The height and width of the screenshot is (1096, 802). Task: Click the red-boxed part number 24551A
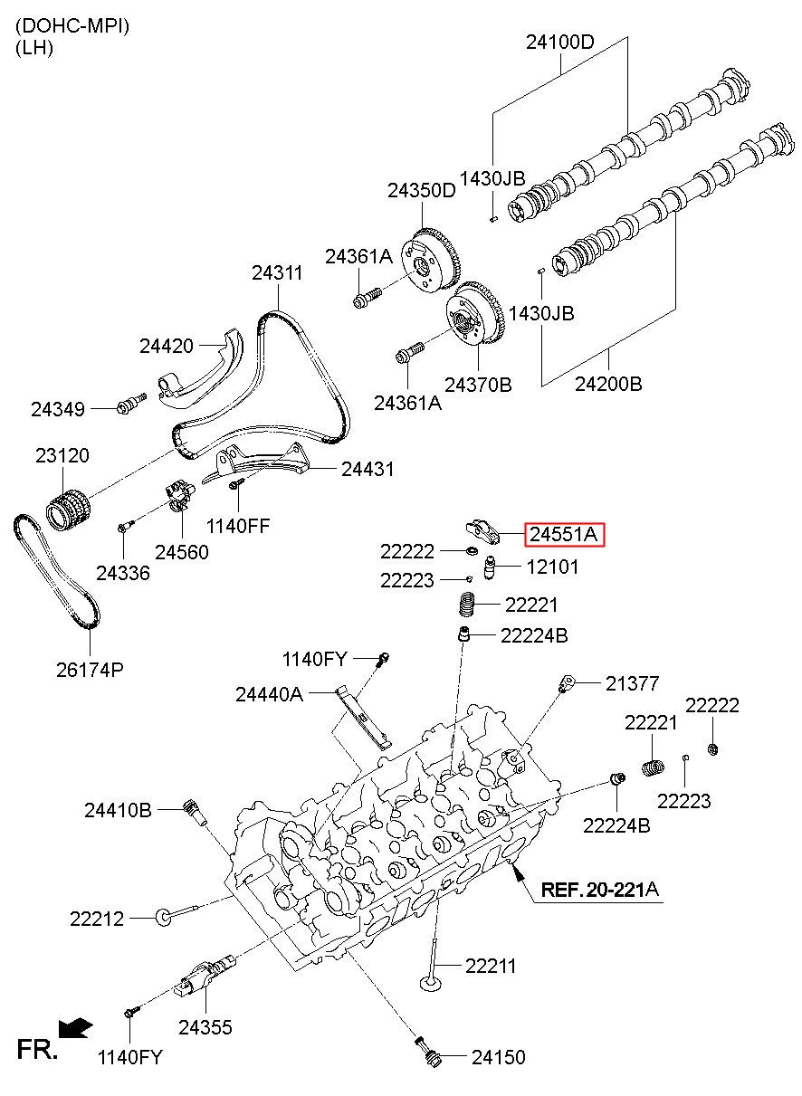564,534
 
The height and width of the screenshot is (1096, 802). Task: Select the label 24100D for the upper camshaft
559,42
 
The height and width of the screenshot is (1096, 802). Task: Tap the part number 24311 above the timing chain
277,272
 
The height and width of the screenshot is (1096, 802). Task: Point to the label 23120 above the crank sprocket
62,455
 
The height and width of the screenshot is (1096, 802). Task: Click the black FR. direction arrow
75,1028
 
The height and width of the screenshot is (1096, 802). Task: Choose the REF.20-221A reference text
600,889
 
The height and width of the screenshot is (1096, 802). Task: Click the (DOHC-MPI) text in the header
72,26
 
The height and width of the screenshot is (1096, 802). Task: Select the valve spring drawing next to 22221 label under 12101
467,605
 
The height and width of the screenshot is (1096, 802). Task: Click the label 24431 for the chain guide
368,469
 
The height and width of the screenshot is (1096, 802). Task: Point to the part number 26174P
90,670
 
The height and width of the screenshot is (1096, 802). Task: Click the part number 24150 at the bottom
499,1057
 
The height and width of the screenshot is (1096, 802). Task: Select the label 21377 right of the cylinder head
632,683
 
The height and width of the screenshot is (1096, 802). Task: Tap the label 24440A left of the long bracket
269,694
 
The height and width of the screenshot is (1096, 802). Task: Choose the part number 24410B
118,810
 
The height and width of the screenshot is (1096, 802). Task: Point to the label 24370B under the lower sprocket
478,385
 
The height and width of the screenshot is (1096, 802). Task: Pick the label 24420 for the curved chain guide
167,346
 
